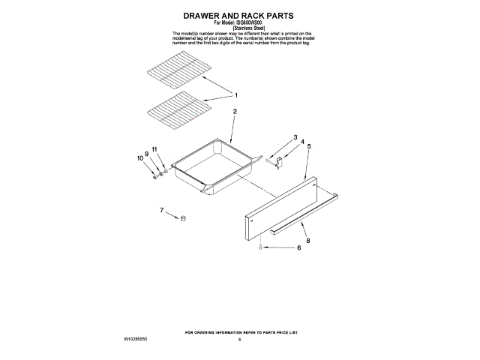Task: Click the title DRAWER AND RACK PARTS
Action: pos(239,15)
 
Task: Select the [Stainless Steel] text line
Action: pos(239,28)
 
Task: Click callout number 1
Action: pos(236,95)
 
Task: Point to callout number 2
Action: pos(235,111)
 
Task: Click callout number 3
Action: pos(295,136)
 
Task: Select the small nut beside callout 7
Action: pos(182,217)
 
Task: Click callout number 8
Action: pos(307,241)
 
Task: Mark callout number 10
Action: pos(139,158)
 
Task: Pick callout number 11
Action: pos(154,150)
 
